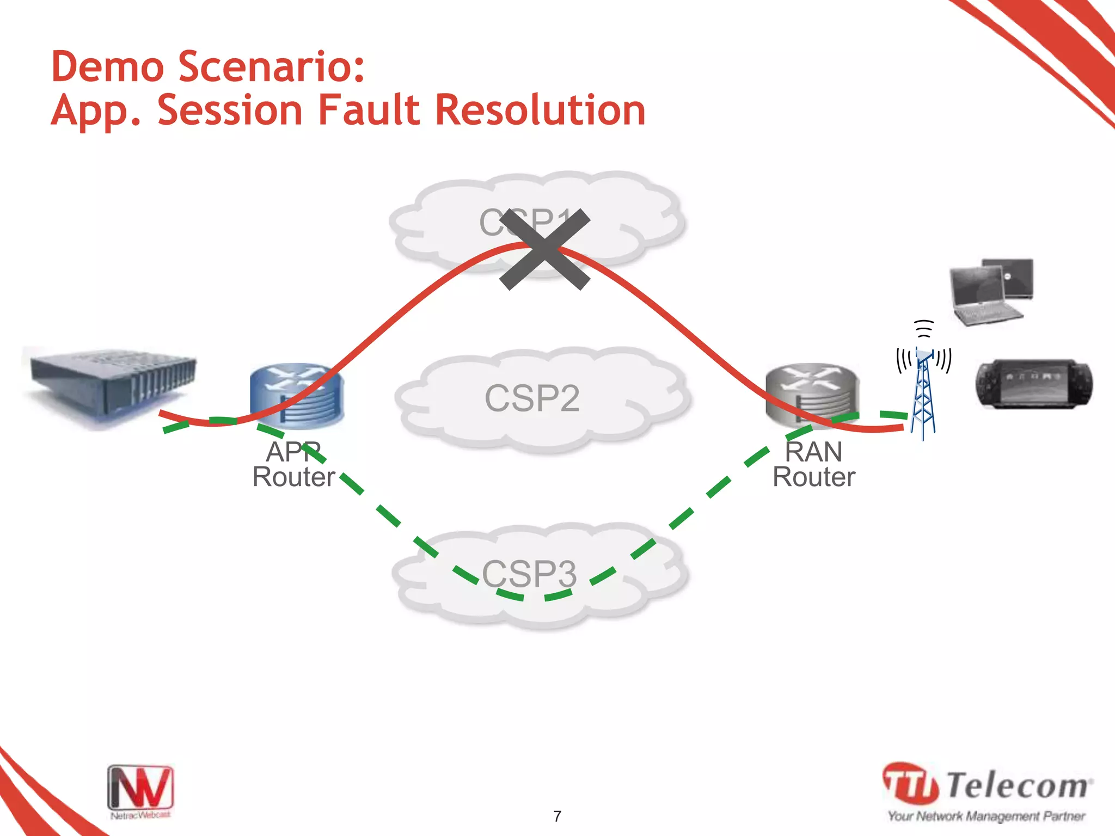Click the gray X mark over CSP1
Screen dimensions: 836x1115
tap(544, 249)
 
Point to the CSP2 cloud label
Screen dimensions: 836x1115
tap(532, 398)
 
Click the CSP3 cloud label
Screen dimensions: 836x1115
tap(529, 574)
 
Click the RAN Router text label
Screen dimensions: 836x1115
tap(814, 464)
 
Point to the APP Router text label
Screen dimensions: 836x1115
tap(293, 464)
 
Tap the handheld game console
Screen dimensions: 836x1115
tap(1033, 383)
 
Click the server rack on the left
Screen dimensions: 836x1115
tap(112, 384)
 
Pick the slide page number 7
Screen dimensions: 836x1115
tap(557, 816)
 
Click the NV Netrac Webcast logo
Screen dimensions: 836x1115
tap(140, 791)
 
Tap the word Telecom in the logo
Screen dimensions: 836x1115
tap(1017, 785)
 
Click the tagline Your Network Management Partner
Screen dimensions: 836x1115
tap(986, 816)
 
